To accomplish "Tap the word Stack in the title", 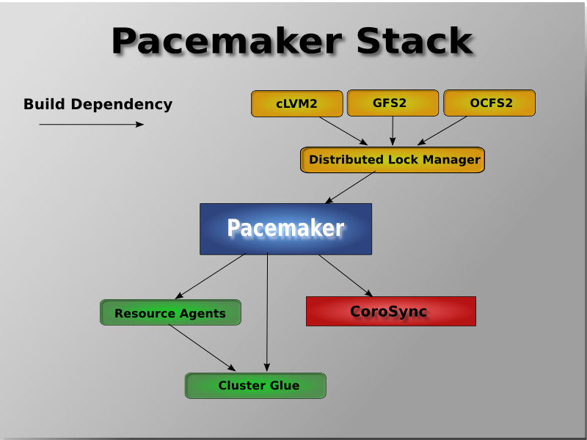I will (415, 41).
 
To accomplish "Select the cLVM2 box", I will (297, 103).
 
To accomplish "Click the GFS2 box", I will (393, 103).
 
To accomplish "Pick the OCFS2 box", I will (489, 103).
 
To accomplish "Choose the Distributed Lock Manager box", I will (393, 160).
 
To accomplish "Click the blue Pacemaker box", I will (285, 229).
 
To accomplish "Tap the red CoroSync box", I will (390, 311).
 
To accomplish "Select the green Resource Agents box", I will (170, 312).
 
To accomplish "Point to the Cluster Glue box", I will (255, 386).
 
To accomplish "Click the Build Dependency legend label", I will (98, 104).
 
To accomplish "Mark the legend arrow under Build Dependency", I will (91, 125).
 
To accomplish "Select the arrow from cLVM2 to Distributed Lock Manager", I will (343, 131).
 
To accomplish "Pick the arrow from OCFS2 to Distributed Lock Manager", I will (442, 131).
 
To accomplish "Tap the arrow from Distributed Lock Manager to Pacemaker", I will (350, 187).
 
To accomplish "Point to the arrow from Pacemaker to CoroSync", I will (346, 275).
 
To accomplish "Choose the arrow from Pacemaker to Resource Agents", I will (211, 276).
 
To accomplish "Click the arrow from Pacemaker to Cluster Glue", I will (267, 312).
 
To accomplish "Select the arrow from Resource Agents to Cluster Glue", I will (203, 348).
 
